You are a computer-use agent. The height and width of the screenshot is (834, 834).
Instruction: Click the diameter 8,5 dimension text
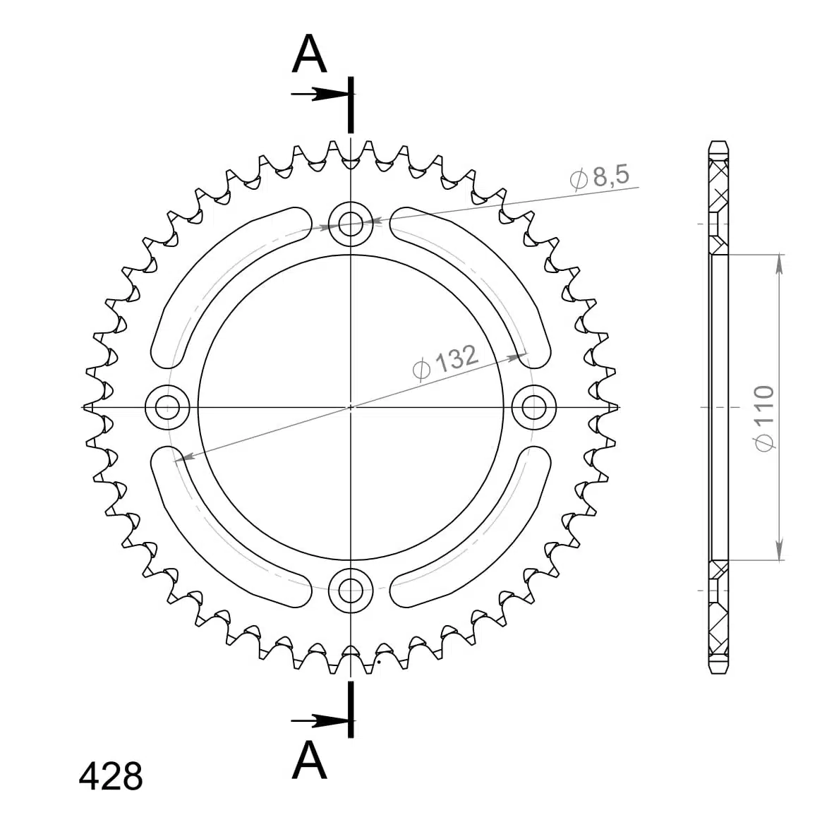600,176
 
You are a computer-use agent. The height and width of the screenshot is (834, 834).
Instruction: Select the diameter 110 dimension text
764,418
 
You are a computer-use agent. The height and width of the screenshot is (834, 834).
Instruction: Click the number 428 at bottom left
111,776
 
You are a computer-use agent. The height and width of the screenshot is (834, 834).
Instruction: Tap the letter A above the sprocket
309,54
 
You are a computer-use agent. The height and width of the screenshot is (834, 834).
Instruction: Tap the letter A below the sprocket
309,760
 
